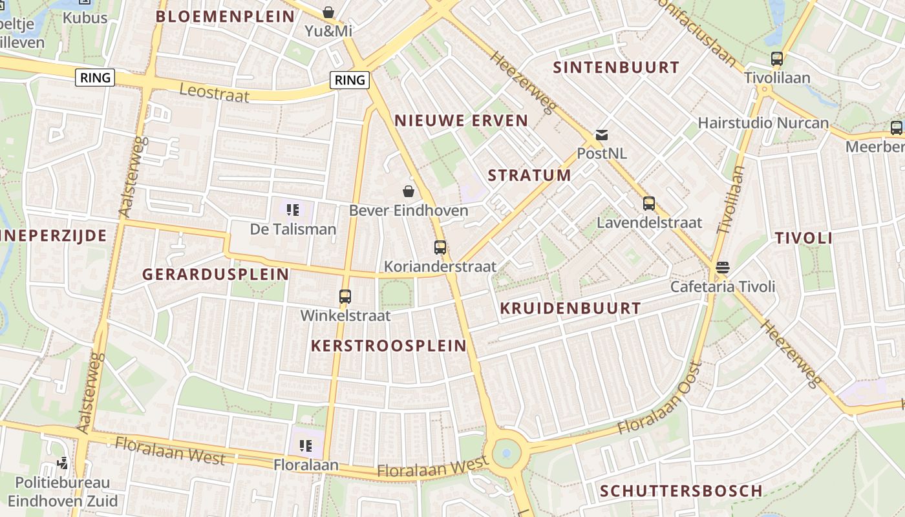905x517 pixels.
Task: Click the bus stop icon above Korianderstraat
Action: pyautogui.click(x=440, y=248)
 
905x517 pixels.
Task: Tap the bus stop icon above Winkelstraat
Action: pyautogui.click(x=345, y=297)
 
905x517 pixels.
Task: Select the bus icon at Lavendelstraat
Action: pyautogui.click(x=649, y=204)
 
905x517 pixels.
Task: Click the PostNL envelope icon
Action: pyautogui.click(x=602, y=135)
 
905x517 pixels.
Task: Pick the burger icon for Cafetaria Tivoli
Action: pyautogui.click(x=723, y=268)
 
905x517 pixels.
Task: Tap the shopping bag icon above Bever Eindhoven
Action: pyautogui.click(x=409, y=191)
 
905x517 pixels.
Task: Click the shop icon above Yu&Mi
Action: pyautogui.click(x=328, y=12)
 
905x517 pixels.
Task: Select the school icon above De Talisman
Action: pyautogui.click(x=293, y=210)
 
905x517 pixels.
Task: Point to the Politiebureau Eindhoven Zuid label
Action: pyautogui.click(x=63, y=492)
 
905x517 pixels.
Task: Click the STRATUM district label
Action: pyautogui.click(x=529, y=175)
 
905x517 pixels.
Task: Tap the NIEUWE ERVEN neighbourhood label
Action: pyautogui.click(x=462, y=120)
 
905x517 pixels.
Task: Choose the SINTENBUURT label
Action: pyautogui.click(x=617, y=67)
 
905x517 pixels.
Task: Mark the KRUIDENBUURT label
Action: pyautogui.click(x=571, y=308)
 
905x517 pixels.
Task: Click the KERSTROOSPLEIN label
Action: pyautogui.click(x=389, y=346)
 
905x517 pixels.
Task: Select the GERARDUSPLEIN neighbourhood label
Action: pyautogui.click(x=216, y=274)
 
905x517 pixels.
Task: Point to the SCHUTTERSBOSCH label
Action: pyautogui.click(x=681, y=491)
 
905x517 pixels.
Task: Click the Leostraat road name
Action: pyautogui.click(x=214, y=92)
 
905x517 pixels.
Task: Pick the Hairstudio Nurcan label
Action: pyautogui.click(x=763, y=123)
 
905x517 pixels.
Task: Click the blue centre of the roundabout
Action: pyautogui.click(x=506, y=453)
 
